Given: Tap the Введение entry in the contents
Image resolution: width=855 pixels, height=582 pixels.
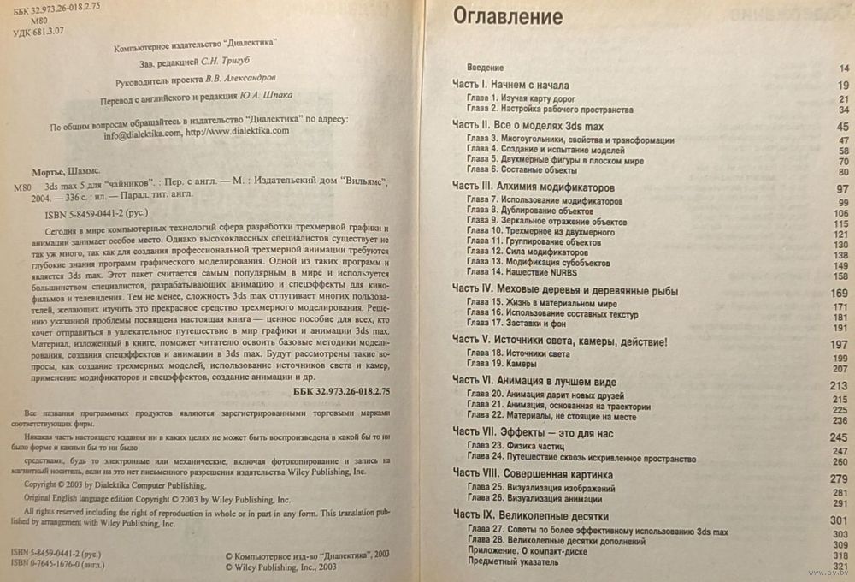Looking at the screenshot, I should [485, 66].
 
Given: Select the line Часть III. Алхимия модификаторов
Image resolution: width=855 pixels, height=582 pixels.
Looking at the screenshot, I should [534, 187].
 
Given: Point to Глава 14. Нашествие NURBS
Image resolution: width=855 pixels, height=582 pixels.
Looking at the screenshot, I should [522, 274].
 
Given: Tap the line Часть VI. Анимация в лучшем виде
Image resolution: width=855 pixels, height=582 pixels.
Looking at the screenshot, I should [534, 381].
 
